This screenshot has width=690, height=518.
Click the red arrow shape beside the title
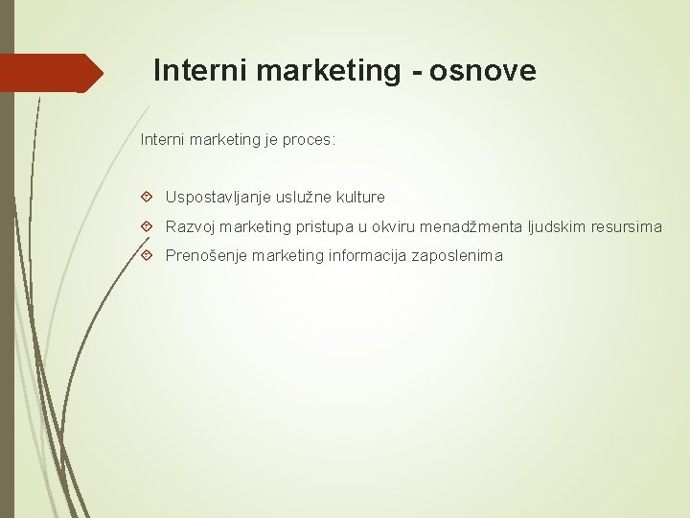tap(53, 73)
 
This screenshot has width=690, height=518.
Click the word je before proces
tap(265, 140)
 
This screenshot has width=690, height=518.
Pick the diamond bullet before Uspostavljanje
tap(147, 197)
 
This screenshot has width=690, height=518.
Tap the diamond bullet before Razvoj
tap(147, 226)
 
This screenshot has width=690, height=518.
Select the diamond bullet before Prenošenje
tap(147, 256)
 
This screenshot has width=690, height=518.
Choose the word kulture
tap(360, 197)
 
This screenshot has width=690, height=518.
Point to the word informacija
tap(367, 256)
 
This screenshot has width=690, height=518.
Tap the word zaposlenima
tap(457, 256)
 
